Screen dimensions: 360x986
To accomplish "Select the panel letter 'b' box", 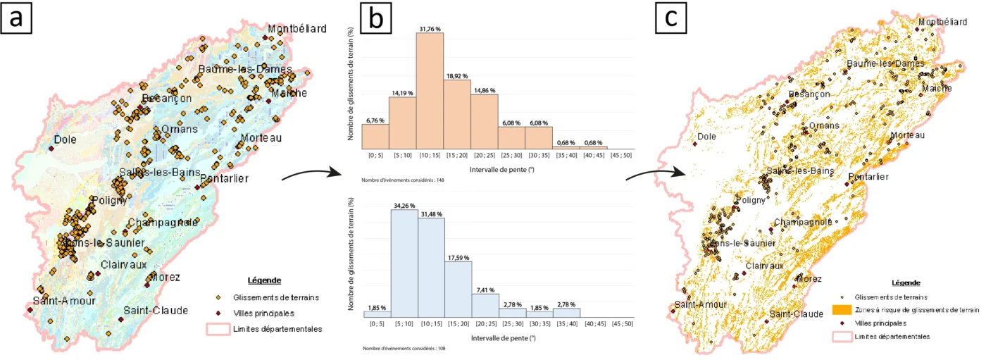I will (x=377, y=21).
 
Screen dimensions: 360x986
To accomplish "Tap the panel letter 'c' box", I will (x=671, y=21).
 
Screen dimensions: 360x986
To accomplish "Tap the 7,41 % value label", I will (x=485, y=289).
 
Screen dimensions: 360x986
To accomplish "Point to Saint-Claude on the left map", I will (x=156, y=310).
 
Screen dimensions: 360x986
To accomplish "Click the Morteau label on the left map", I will (x=261, y=137).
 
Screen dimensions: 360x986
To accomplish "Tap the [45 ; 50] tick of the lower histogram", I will (x=620, y=323).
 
